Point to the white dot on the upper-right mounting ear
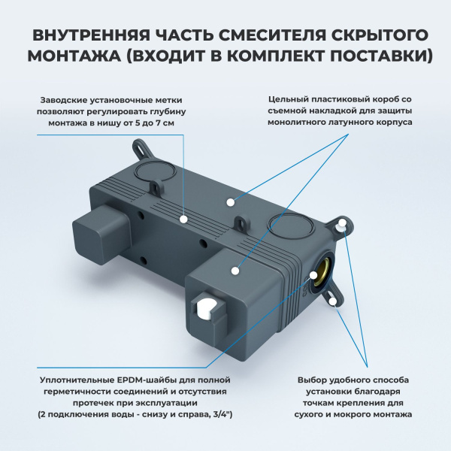[x=342, y=224]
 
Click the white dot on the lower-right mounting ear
[x=332, y=300]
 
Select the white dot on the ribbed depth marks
[x=184, y=219]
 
